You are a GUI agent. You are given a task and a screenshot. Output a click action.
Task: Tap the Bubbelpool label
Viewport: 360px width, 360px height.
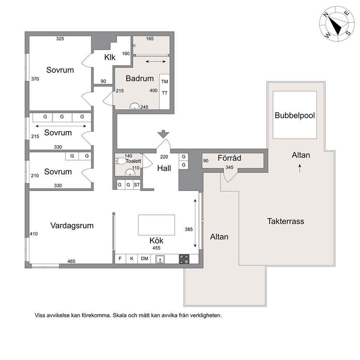(295, 115)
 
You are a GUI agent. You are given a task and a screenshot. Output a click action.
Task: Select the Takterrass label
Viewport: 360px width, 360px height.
(286, 221)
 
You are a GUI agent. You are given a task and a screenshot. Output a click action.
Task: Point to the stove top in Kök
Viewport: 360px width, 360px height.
(184, 259)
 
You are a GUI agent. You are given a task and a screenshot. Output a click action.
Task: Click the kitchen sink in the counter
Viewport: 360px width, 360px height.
(160, 259)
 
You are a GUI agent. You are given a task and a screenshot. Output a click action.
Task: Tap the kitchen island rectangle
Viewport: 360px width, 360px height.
(156, 225)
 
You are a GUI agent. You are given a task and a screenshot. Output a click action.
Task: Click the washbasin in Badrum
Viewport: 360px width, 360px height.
(135, 106)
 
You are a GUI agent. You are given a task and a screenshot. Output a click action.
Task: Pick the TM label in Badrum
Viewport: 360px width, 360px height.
(165, 82)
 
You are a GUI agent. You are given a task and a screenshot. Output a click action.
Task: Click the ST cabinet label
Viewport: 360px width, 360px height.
(137, 185)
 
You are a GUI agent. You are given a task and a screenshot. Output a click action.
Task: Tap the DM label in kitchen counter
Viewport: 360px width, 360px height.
(144, 258)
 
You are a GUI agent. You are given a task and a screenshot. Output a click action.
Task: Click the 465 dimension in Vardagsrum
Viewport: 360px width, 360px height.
(71, 261)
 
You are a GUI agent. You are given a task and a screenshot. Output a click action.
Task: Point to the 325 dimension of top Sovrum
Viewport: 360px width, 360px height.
(60, 39)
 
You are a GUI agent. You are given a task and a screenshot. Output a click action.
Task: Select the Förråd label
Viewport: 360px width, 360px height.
(229, 158)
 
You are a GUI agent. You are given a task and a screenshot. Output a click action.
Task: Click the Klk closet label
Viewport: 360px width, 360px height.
(110, 57)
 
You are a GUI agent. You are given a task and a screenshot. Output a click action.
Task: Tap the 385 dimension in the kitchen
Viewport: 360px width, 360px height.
(189, 229)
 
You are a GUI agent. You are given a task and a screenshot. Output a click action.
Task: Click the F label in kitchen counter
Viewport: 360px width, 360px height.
(120, 258)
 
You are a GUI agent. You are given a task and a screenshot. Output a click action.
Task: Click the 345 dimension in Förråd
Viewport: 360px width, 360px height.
(229, 167)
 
